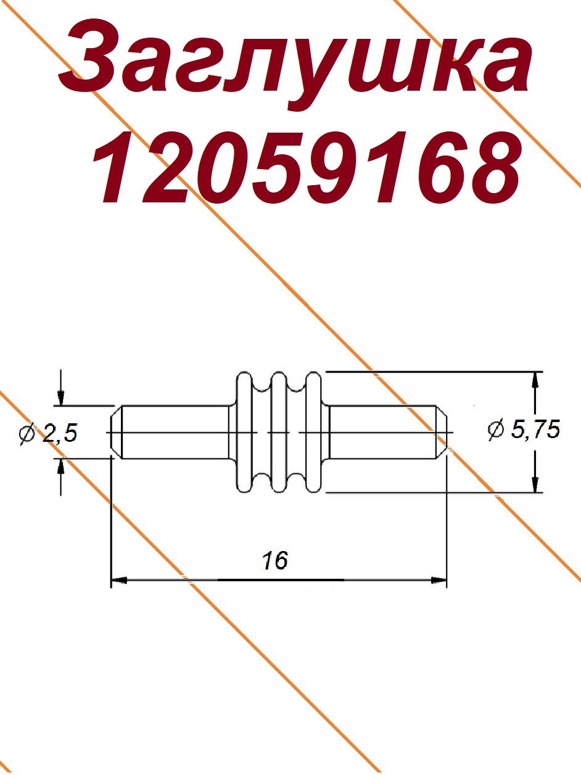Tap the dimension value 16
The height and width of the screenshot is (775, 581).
(275, 560)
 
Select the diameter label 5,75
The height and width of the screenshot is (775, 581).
(536, 431)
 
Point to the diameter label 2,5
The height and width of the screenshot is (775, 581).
(60, 433)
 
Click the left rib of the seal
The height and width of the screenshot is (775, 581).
(244, 432)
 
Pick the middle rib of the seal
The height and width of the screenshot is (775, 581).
(279, 432)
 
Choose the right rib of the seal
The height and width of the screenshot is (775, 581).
(313, 432)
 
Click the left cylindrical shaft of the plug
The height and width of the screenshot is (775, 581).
(176, 433)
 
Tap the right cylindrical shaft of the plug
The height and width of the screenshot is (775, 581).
(382, 432)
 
